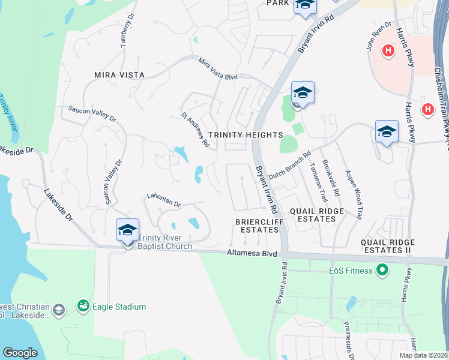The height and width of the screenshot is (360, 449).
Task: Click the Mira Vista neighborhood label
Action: point(119,75)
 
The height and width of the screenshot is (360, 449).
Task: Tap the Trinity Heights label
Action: point(245,135)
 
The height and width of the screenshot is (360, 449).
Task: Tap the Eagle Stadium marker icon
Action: point(82,307)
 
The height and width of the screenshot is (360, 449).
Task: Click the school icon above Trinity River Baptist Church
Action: point(127,231)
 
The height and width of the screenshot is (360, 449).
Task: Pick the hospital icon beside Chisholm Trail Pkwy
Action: point(428,109)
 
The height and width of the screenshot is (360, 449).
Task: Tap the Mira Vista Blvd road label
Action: point(218,70)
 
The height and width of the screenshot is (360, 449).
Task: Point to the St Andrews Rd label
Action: point(195,129)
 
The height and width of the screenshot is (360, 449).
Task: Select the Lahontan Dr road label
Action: point(164,200)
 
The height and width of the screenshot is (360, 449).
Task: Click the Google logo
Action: point(20,353)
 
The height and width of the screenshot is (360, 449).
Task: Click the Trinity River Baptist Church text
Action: point(165,242)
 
